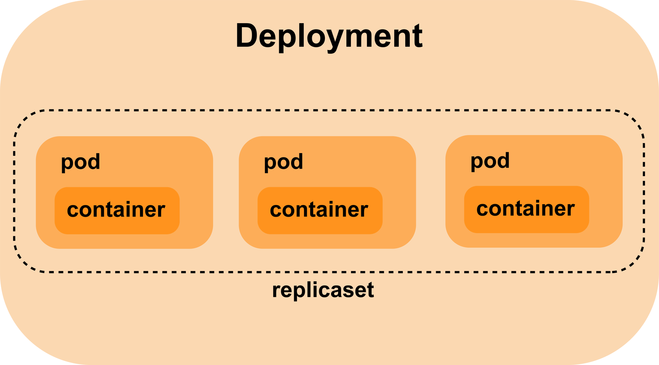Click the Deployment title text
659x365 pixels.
[x=329, y=36]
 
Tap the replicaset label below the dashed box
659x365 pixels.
[x=323, y=290]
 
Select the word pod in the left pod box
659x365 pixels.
[x=80, y=162]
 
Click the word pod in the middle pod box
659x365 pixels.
[x=283, y=162]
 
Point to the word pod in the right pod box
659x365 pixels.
[x=490, y=160]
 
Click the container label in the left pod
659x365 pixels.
[x=116, y=210]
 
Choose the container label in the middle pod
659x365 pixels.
[x=319, y=210]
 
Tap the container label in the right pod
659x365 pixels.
[x=525, y=209]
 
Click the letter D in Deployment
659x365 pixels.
[x=246, y=36]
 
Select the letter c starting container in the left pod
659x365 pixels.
[x=73, y=210]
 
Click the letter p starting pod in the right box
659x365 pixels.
[x=477, y=162]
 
